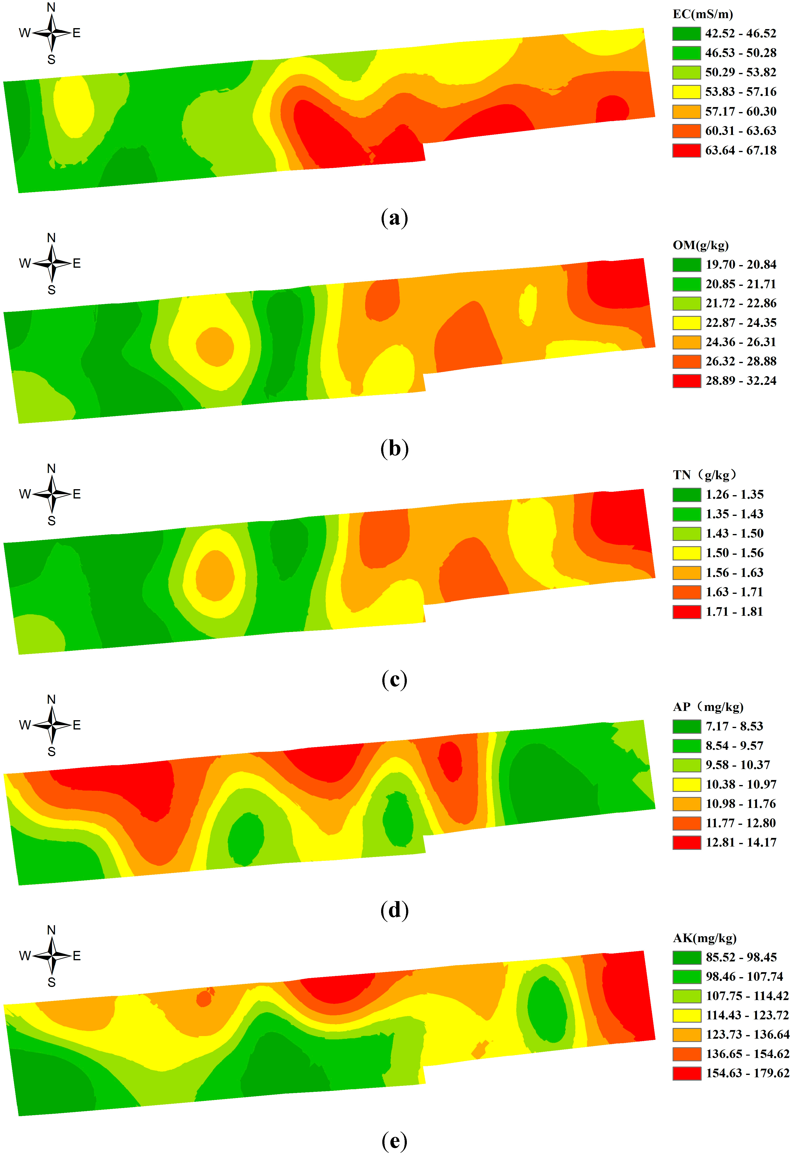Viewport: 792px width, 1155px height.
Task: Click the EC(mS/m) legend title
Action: (703, 14)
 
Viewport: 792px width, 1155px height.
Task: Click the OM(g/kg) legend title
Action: (700, 245)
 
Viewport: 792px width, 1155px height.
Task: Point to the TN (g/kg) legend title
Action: (705, 475)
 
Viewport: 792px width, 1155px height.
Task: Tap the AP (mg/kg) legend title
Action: (708, 707)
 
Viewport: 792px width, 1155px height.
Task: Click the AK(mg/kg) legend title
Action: (705, 938)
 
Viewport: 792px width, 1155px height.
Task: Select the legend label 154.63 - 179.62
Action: (747, 1073)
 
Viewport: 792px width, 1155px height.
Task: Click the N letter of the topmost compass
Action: (51, 7)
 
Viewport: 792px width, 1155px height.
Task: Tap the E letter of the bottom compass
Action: (77, 956)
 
